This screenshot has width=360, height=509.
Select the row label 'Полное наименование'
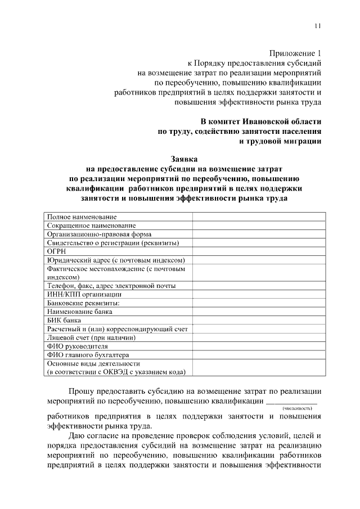(82, 217)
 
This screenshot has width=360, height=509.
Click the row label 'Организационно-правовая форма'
(99, 234)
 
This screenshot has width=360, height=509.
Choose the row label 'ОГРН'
(57, 251)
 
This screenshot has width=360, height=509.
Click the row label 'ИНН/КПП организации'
(84, 294)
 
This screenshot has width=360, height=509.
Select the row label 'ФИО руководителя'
(77, 346)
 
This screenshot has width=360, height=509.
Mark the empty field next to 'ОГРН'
(259, 251)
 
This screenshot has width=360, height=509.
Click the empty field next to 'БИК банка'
(259, 320)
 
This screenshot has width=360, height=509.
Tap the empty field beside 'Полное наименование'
(259, 217)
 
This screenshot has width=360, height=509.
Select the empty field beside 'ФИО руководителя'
(259, 346)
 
